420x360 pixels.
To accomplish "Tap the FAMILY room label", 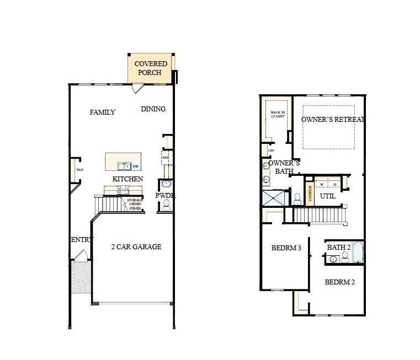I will [103, 112].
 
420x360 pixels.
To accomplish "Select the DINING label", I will [153, 109].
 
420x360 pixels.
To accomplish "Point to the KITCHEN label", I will [127, 179].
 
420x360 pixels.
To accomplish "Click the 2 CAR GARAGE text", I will [136, 247].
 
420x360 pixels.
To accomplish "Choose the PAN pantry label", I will [79, 170].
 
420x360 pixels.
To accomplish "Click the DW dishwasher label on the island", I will [135, 166].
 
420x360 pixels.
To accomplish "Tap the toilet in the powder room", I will [166, 204].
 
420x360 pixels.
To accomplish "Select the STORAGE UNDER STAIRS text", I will [135, 204].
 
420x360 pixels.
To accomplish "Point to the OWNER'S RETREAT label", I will [333, 119].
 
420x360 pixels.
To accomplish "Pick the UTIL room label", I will [328, 196].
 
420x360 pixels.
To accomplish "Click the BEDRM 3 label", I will [286, 248].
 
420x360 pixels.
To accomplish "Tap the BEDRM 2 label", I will [339, 282].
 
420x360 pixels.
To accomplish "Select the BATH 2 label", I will [338, 248].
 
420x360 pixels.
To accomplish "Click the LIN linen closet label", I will [271, 150].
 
